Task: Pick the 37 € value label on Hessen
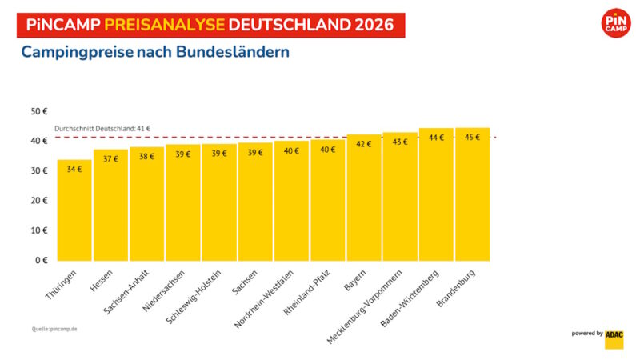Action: [110, 158]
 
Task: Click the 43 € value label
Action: [399, 142]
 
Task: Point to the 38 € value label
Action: [146, 156]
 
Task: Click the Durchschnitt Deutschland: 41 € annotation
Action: [102, 129]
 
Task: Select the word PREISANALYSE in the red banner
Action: [165, 24]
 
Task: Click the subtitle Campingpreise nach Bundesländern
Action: [155, 53]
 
